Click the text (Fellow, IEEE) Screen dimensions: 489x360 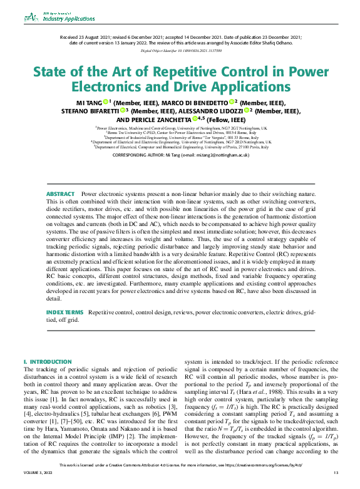227,119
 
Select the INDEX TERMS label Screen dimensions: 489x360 64,311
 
